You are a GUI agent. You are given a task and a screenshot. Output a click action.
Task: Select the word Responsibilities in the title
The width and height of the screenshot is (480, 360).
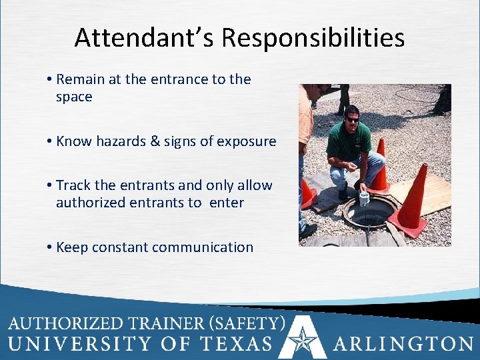313,38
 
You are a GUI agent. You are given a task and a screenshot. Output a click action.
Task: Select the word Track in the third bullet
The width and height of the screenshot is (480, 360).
73,185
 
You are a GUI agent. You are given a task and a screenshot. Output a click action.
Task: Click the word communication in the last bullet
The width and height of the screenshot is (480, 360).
203,247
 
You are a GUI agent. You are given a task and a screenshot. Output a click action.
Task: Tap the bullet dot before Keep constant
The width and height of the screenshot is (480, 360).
50,247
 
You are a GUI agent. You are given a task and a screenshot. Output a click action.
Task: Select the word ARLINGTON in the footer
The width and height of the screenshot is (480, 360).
403,344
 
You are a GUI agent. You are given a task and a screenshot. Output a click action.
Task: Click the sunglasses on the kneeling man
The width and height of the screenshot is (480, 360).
353,119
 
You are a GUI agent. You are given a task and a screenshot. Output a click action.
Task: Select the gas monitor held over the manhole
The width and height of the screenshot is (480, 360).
364,197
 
